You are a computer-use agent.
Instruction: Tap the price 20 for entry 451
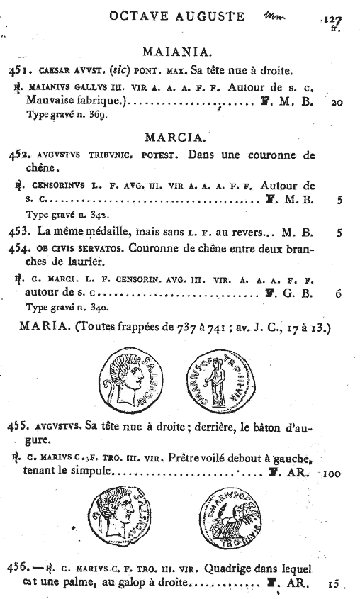coord(337,102)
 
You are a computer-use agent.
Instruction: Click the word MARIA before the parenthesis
coord(45,327)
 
